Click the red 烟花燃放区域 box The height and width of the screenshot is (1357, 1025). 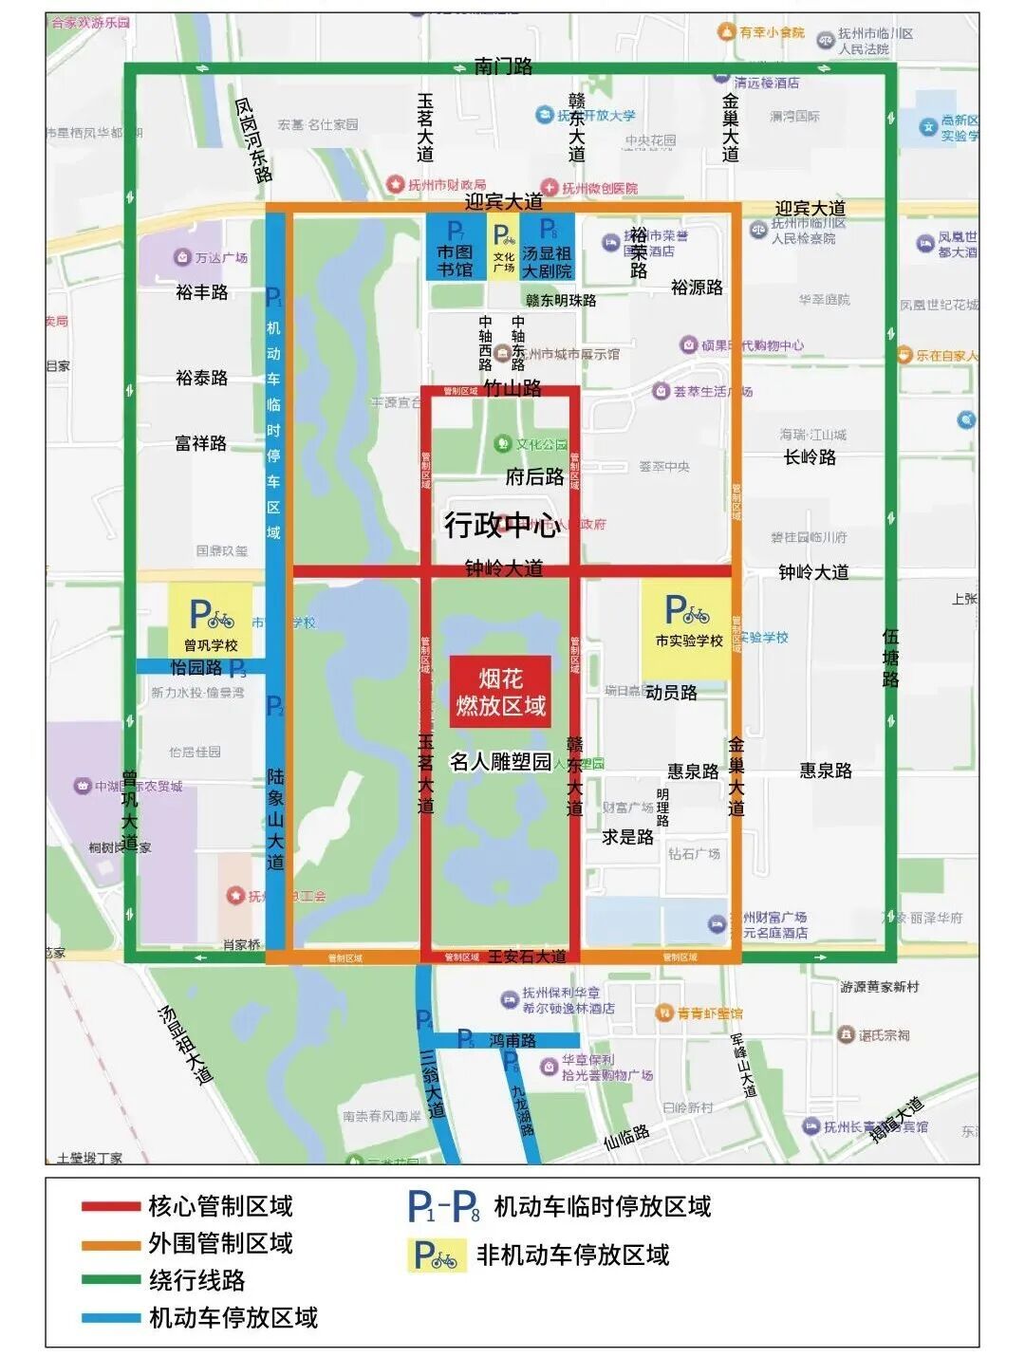(500, 692)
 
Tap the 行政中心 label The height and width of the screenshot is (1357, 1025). (501, 525)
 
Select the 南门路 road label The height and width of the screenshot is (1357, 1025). (504, 65)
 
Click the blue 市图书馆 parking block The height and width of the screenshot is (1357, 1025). (456, 247)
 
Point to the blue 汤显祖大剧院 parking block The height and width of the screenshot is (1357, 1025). (548, 247)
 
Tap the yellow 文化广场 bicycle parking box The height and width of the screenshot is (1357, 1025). (504, 247)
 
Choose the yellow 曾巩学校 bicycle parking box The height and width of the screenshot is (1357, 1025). (211, 619)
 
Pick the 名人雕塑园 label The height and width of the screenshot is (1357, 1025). (500, 762)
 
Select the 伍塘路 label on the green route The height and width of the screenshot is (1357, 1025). (890, 658)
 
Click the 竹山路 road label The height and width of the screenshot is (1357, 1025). (512, 388)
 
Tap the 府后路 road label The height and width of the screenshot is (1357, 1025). (534, 476)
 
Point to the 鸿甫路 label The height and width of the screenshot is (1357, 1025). (513, 1040)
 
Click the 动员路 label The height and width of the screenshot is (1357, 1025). (671, 693)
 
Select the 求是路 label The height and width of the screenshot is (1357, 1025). (627, 837)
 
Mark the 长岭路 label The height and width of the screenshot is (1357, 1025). (810, 457)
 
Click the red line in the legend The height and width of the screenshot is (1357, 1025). (110, 1207)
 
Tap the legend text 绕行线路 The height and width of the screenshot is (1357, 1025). (196, 1280)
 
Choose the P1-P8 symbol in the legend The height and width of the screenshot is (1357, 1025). (443, 1207)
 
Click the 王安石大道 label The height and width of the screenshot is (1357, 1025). (527, 957)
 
